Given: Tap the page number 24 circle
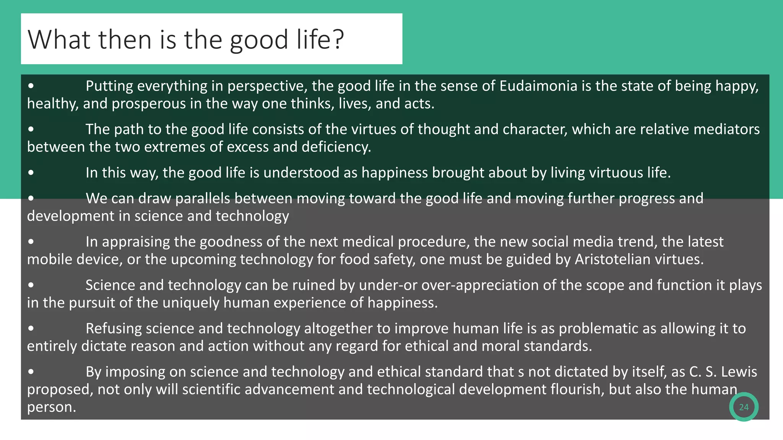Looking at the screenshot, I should point(744,407).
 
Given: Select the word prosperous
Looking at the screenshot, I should point(149,104).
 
